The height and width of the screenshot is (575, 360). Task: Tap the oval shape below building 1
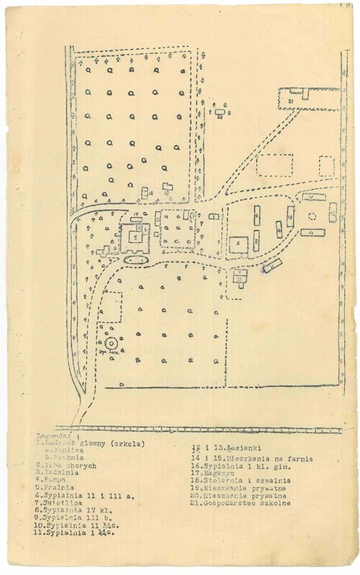[x=135, y=258]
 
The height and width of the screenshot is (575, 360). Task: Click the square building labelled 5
[x=239, y=244]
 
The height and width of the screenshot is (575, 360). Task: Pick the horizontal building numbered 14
[x=312, y=232]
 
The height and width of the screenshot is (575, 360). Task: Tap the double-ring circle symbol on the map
[x=112, y=344]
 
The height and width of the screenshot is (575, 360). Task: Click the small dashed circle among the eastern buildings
[x=312, y=215]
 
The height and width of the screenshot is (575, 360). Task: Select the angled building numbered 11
[x=272, y=266]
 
